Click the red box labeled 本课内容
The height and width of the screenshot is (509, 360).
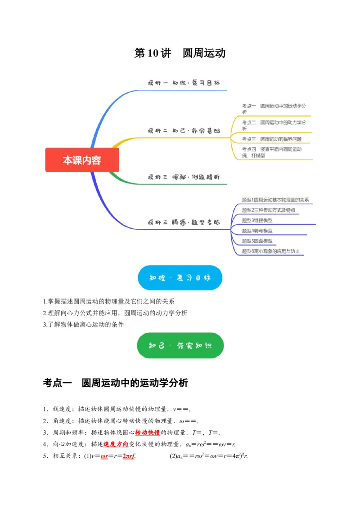(82, 160)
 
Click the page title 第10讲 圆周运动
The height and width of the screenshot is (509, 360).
(180, 53)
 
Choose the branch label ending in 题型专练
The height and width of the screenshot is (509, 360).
(184, 222)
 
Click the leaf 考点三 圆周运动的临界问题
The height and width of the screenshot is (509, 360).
(271, 138)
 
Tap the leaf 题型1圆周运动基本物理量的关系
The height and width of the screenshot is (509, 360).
(275, 200)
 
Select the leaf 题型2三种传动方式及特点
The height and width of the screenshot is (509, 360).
(268, 210)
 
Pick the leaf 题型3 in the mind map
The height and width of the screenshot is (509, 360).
(257, 220)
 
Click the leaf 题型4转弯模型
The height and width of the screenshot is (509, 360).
(257, 231)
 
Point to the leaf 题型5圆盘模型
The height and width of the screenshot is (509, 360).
(257, 241)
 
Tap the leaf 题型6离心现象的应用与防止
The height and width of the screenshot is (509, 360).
(270, 251)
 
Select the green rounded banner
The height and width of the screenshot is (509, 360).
(180, 345)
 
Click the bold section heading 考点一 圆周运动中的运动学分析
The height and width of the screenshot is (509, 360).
(115, 383)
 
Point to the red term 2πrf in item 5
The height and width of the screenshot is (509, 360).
(129, 456)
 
